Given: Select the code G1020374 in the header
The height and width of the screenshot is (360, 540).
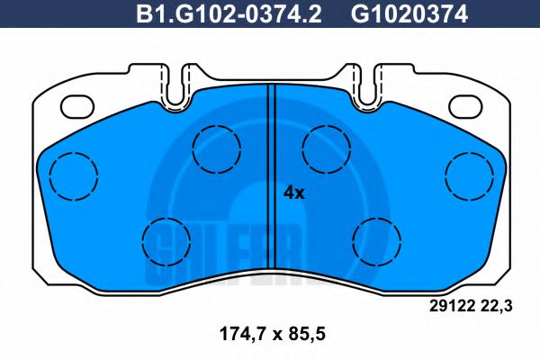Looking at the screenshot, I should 395,14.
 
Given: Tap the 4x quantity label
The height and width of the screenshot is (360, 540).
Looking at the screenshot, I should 294,192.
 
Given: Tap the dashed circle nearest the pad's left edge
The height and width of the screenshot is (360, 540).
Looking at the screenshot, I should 73,175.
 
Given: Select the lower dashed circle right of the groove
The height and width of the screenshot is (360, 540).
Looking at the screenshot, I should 376,240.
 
